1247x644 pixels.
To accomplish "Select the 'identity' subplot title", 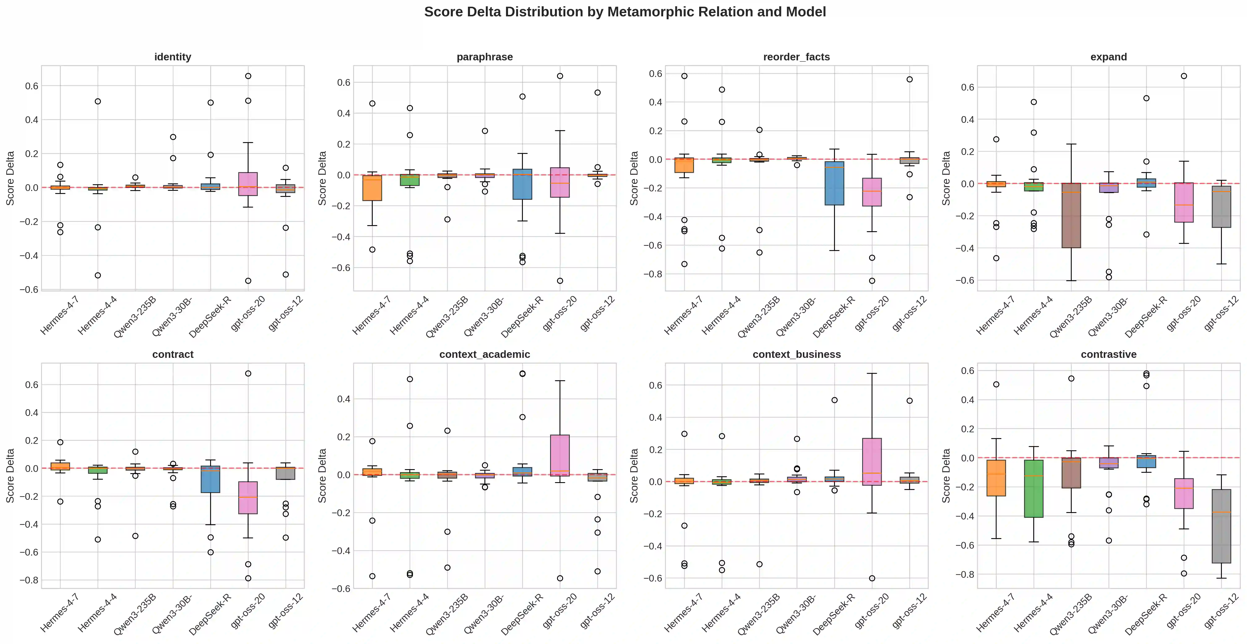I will click(x=173, y=57).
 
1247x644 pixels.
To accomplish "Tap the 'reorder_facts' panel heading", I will click(x=796, y=57).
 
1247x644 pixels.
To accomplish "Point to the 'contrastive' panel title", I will click(x=1109, y=355).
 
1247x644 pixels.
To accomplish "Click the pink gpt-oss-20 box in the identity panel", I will click(x=248, y=184).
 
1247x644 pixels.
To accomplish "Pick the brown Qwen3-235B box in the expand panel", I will click(x=1071, y=215).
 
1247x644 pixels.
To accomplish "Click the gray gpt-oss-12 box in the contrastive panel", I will click(x=1221, y=526).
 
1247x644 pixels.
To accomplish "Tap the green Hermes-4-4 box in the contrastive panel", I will click(x=1034, y=489).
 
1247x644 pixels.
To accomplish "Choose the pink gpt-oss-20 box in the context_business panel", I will click(x=872, y=462).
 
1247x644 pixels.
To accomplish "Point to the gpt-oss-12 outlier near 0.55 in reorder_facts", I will click(x=910, y=79).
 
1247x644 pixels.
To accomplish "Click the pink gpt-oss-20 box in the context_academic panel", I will click(x=560, y=455).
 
